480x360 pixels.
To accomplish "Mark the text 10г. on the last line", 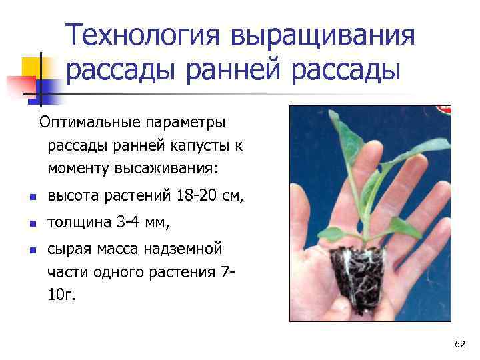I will tap(61, 294).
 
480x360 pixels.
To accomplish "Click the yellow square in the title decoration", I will tap(33, 67).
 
